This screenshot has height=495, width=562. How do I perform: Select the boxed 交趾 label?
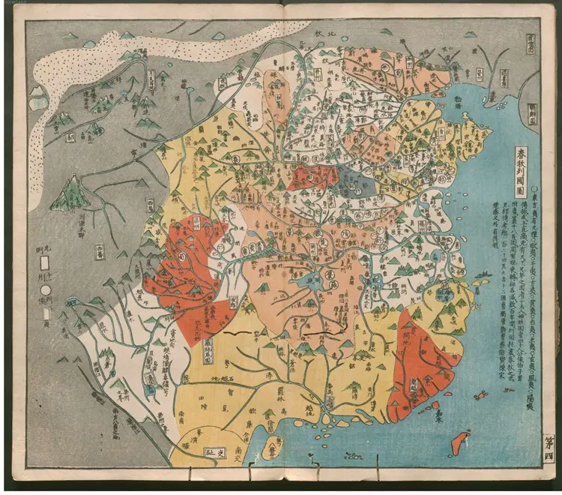tap(217, 453)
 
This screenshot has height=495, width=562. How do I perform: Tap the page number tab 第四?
tap(549, 451)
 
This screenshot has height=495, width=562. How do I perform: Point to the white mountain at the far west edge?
tap(36, 97)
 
